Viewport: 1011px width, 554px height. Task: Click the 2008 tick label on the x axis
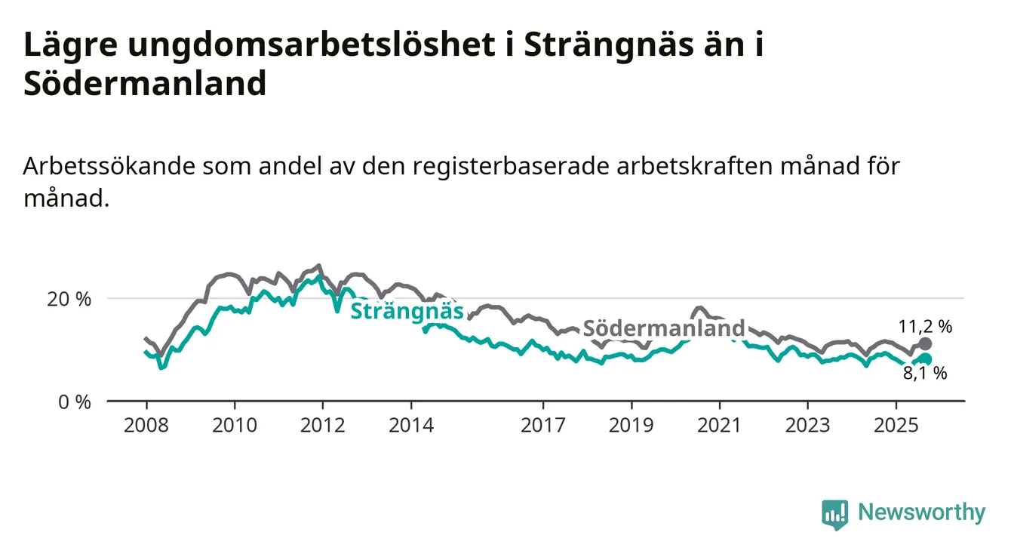146,426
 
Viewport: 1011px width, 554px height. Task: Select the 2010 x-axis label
234,426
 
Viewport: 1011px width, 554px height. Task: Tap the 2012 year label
323,426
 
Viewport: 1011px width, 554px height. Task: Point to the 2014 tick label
411,426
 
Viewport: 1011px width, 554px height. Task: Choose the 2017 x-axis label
543,426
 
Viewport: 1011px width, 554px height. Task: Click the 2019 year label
631,426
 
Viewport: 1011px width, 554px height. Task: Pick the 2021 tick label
719,426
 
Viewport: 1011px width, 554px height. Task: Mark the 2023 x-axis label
807,426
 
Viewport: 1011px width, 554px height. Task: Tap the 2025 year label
896,426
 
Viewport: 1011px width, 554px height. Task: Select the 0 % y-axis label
73,402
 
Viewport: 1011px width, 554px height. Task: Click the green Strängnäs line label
407,310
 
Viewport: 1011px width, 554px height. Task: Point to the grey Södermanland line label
664,328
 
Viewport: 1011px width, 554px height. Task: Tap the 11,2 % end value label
925,327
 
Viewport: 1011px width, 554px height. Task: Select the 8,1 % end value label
925,373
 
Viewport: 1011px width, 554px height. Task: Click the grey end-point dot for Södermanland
926,344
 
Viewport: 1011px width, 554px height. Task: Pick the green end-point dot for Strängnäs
926,359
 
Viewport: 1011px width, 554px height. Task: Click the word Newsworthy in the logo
921,513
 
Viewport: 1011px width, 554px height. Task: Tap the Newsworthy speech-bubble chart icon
834,515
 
